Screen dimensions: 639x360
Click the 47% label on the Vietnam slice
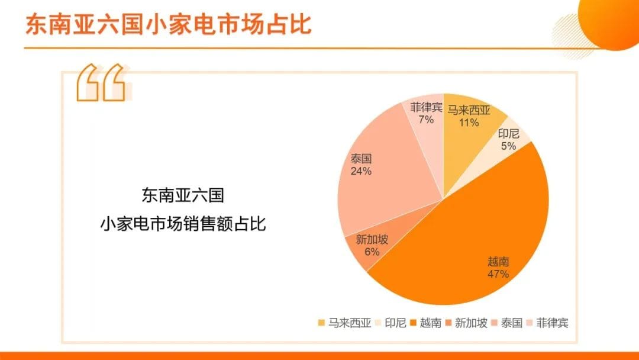pyautogui.click(x=498, y=274)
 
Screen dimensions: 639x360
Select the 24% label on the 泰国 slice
pyautogui.click(x=361, y=171)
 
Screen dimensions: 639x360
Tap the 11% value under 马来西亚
pyautogui.click(x=469, y=123)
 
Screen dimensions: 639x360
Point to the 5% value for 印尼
pyautogui.click(x=509, y=146)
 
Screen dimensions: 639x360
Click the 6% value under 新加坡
pyautogui.click(x=372, y=252)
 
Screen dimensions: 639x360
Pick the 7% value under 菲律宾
pyautogui.click(x=426, y=120)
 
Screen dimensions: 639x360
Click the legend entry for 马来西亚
pyautogui.click(x=345, y=323)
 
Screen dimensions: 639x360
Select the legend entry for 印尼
pyautogui.click(x=390, y=323)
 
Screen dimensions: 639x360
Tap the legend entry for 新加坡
pyautogui.click(x=466, y=323)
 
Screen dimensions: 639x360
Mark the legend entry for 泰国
pyautogui.click(x=507, y=323)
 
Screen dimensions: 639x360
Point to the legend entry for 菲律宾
pyautogui.click(x=547, y=323)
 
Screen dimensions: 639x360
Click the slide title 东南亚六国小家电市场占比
pyautogui.click(x=168, y=24)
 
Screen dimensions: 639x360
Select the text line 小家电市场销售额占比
pyautogui.click(x=183, y=223)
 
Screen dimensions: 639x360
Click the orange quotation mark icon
pyautogui.click(x=101, y=82)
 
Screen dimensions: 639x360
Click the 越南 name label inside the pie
pyautogui.click(x=498, y=261)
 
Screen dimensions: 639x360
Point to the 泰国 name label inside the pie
pyautogui.click(x=361, y=159)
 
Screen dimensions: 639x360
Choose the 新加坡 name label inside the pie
pyautogui.click(x=372, y=239)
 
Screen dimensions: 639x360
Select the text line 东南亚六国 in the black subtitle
pyautogui.click(x=183, y=195)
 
